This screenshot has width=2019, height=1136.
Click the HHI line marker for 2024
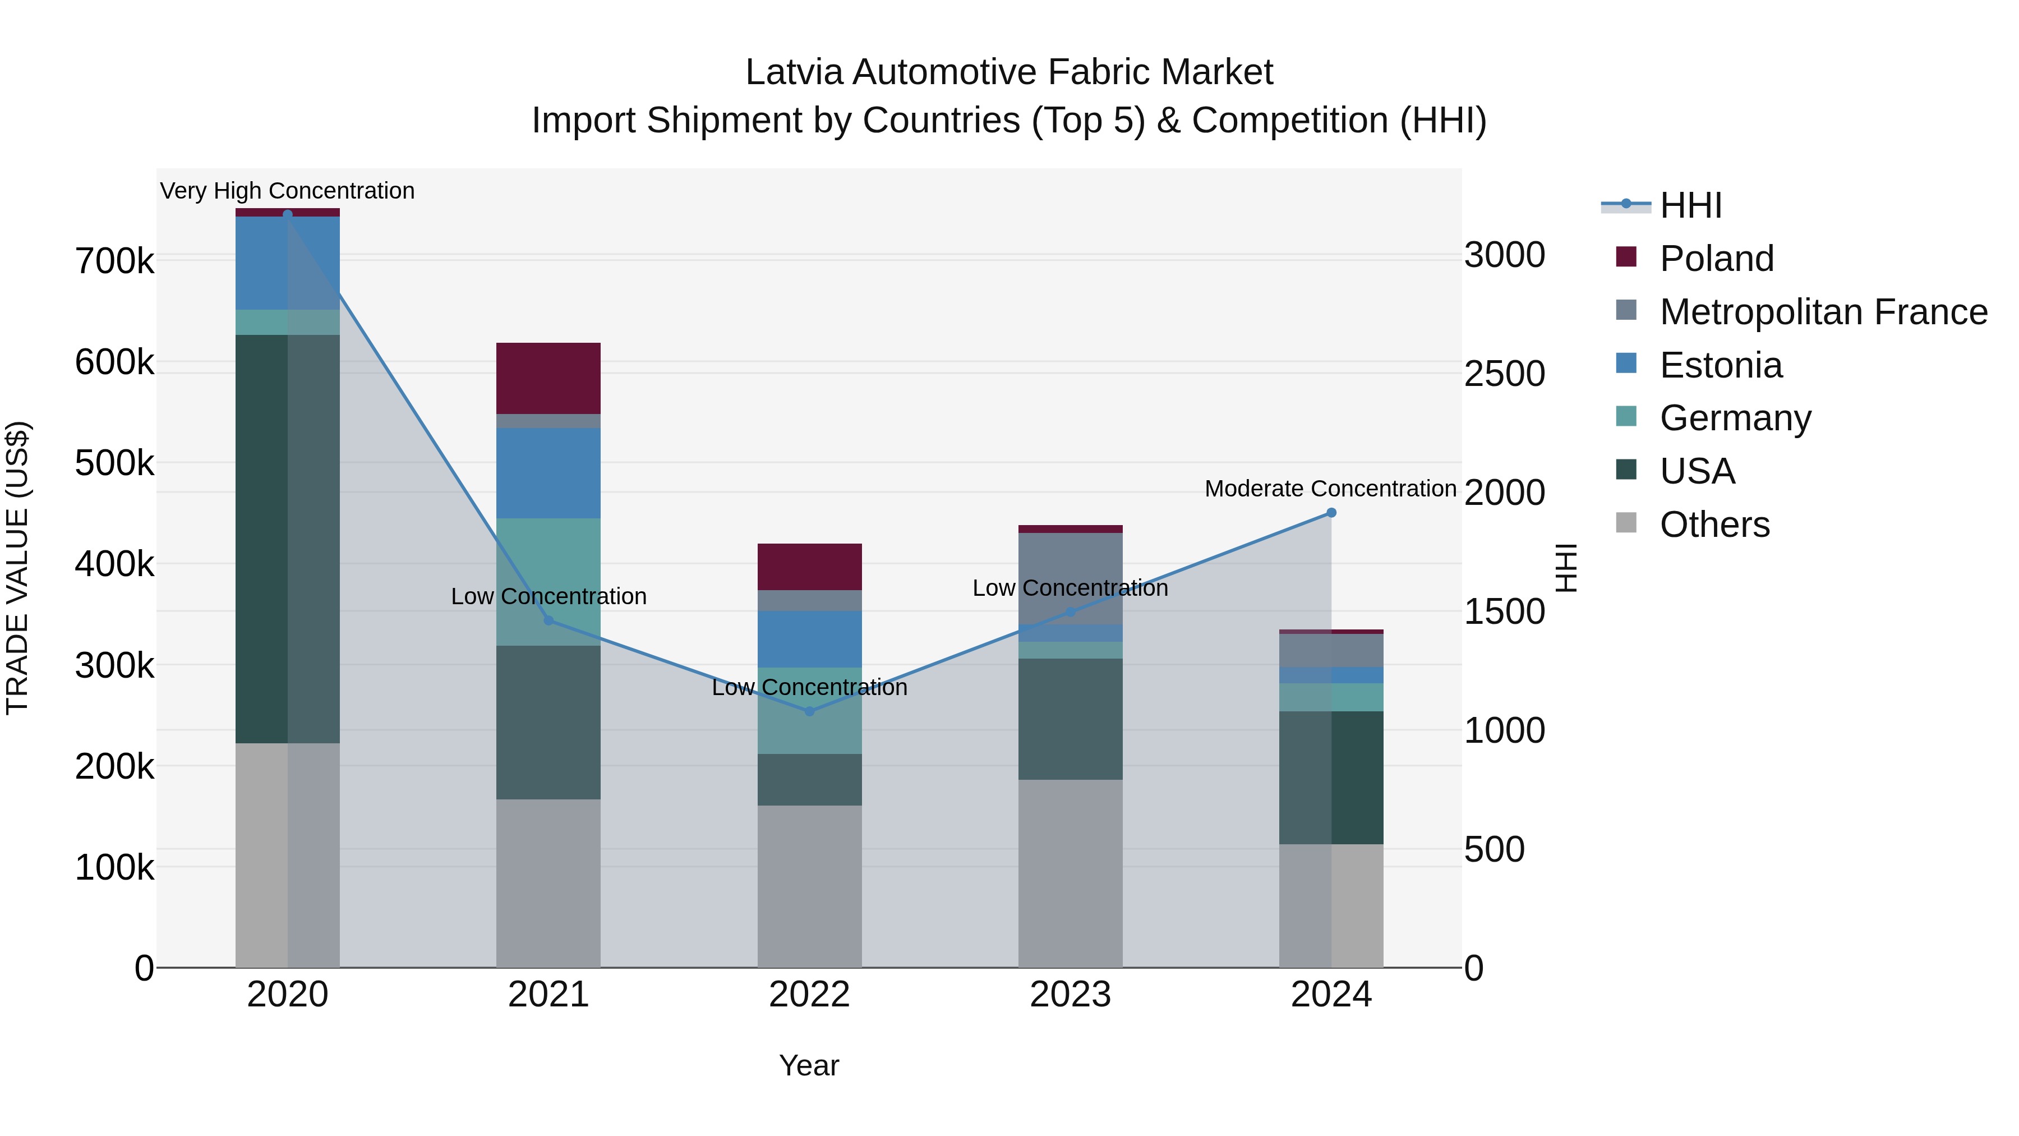(1331, 513)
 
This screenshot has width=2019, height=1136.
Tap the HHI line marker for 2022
(810, 711)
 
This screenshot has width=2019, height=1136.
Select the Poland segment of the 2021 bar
(548, 378)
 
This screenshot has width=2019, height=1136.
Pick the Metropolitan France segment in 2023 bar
(1070, 578)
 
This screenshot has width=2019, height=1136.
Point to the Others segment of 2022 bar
(810, 886)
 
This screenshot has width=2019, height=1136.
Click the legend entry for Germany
(1735, 418)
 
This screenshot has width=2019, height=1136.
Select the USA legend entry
(1697, 471)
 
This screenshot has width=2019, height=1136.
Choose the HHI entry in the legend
(1690, 205)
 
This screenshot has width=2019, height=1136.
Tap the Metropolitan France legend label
(1823, 312)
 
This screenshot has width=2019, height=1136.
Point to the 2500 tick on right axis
(1504, 374)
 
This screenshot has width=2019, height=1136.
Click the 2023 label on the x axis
(1070, 995)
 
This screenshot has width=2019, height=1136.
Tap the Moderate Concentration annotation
(1330, 489)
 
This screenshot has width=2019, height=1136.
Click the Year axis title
(809, 1065)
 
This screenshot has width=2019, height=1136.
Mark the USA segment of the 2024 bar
(1331, 777)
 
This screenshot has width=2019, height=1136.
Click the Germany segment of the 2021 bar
(548, 581)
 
